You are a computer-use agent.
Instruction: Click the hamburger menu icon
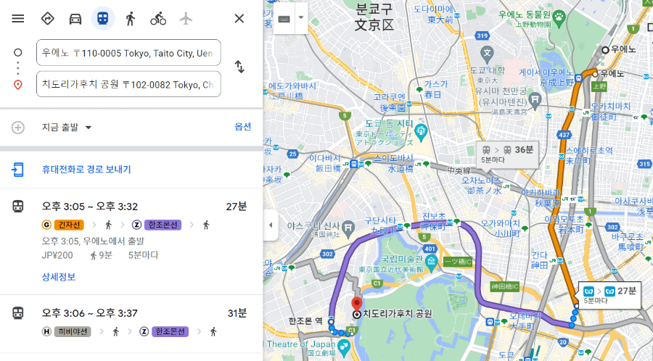coord(18,18)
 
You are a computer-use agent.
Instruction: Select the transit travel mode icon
coord(102,18)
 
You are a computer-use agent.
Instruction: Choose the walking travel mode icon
coord(130,18)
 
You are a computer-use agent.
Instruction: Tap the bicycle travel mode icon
coord(158,18)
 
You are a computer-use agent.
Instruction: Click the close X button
coord(239,18)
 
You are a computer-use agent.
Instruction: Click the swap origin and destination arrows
coord(239,67)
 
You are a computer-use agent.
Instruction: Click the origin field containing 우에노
coord(128,53)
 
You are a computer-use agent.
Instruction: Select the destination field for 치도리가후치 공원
coord(128,84)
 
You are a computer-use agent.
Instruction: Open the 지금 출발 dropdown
coord(67,128)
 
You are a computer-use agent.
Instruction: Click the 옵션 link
coord(242,127)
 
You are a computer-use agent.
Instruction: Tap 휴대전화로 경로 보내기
coord(86,170)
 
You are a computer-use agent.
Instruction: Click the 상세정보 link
coord(58,277)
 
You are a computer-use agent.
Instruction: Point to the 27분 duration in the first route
coord(236,207)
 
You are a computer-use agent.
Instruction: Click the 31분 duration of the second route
coord(236,313)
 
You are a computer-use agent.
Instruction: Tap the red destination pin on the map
coord(356,304)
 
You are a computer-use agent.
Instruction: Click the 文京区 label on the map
coord(373,25)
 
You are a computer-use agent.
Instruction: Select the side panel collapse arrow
coord(271,225)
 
